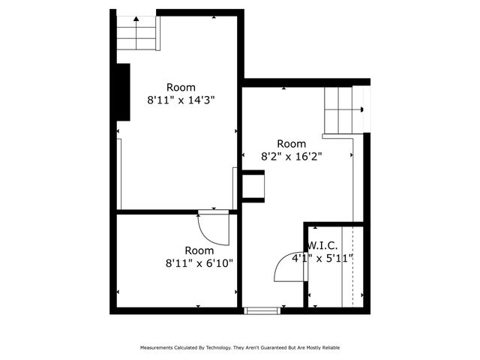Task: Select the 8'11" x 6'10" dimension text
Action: tap(199, 263)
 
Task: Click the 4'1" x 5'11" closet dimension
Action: tap(322, 259)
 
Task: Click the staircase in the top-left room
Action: tap(137, 32)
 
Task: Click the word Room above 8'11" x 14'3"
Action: tap(181, 87)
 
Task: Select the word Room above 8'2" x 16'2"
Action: tap(292, 144)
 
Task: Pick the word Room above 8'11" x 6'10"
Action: tap(199, 250)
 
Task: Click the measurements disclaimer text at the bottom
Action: tap(240, 348)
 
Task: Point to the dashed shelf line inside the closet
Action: tap(342, 266)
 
